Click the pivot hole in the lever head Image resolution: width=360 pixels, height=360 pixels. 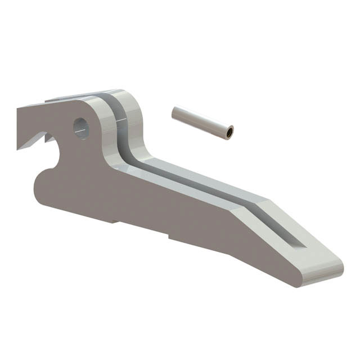pos(82,127)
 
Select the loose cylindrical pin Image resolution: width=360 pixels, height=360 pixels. pos(202,122)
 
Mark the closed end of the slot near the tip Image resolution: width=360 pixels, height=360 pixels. pos(299,242)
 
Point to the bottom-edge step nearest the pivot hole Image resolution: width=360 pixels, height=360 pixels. pos(116,222)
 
